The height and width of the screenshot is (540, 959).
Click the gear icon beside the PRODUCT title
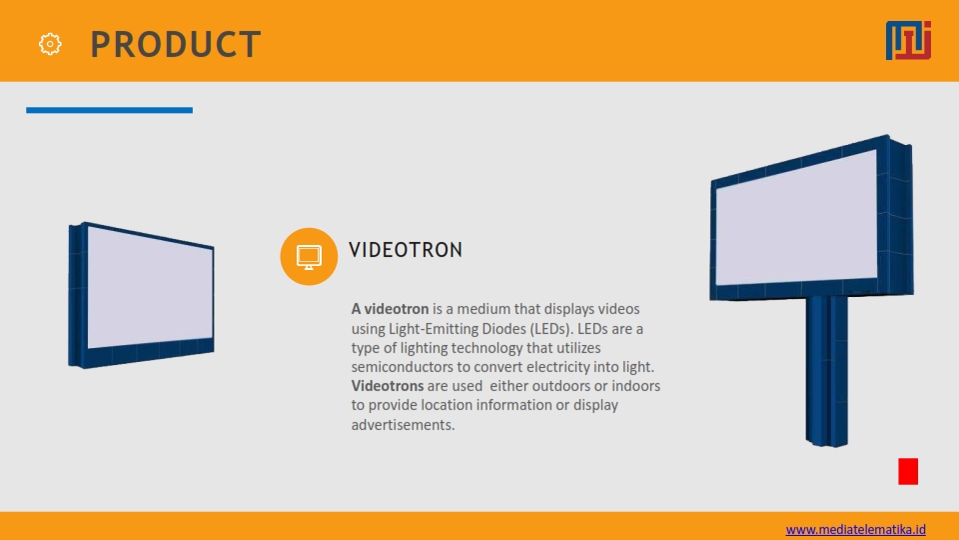pyautogui.click(x=50, y=44)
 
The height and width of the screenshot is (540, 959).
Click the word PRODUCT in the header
pyautogui.click(x=176, y=45)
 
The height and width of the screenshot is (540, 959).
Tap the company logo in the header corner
pyautogui.click(x=908, y=40)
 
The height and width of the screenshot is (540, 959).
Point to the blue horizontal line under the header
pyautogui.click(x=110, y=110)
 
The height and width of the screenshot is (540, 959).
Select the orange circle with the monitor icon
pyautogui.click(x=309, y=257)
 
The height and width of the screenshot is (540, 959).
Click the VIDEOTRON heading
pyautogui.click(x=406, y=250)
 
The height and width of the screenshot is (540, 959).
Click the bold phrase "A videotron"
pyautogui.click(x=390, y=309)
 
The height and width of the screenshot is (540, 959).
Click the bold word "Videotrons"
pyautogui.click(x=388, y=386)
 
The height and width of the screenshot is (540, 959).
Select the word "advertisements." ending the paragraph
pyautogui.click(x=403, y=424)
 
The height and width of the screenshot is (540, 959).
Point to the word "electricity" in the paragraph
pyautogui.click(x=557, y=367)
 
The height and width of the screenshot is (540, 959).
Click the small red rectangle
pyautogui.click(x=908, y=471)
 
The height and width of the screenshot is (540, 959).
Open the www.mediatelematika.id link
pyautogui.click(x=856, y=530)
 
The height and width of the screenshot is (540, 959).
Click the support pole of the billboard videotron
pyautogui.click(x=827, y=371)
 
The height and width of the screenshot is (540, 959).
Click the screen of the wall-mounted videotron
pyautogui.click(x=151, y=288)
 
